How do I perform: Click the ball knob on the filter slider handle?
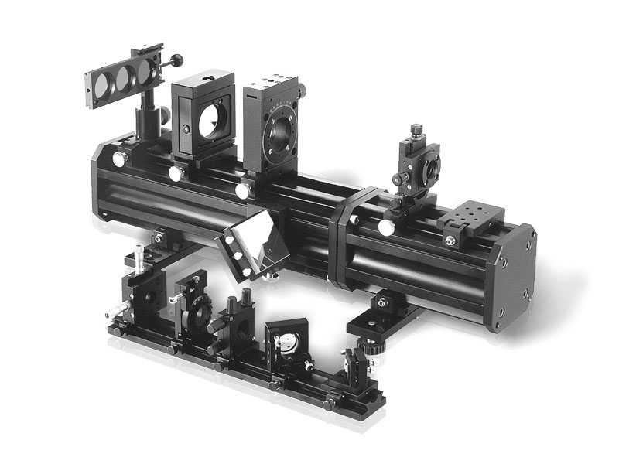pos(177,59)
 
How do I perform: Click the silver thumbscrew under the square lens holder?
pos(176,174)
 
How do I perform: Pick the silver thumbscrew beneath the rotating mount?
pos(243,189)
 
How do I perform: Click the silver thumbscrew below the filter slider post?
pos(120,159)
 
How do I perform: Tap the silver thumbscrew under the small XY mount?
pos(385,227)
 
